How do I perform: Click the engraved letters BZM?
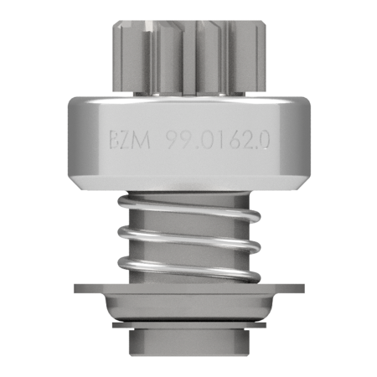[130, 140]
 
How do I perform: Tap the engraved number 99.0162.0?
[218, 140]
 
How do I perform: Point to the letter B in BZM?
[114, 140]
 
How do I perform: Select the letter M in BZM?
[142, 140]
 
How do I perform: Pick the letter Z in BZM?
[127, 140]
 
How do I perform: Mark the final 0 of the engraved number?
[263, 140]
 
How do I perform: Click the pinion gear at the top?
[189, 56]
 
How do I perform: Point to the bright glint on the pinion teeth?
[148, 27]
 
